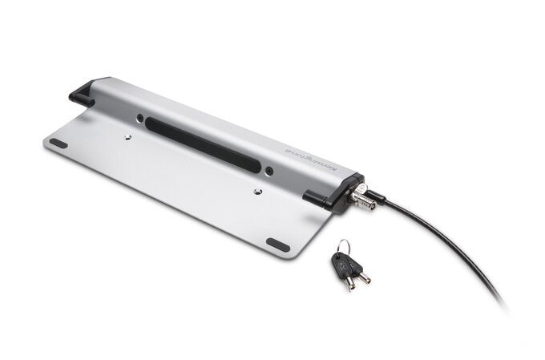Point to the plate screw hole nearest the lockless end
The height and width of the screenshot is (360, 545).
(128, 137)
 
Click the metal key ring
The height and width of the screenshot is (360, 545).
(342, 247)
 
